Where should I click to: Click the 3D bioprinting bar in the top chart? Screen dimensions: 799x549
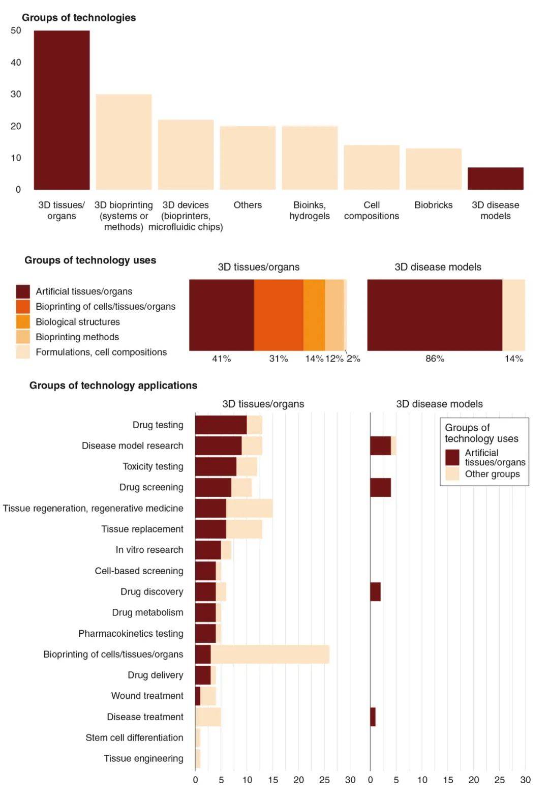(x=124, y=142)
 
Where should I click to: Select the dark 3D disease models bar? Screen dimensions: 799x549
(x=495, y=179)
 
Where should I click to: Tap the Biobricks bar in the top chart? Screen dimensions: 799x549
(x=433, y=169)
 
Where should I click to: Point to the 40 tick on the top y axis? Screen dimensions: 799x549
(x=16, y=63)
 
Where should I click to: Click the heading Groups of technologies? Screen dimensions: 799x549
(x=79, y=18)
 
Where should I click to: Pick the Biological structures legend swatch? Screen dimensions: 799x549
(x=23, y=322)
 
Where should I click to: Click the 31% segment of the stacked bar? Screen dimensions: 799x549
(x=279, y=315)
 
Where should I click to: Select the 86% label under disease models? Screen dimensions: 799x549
(x=435, y=359)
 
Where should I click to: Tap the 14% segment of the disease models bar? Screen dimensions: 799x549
(x=513, y=315)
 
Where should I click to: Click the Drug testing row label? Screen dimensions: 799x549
(x=158, y=425)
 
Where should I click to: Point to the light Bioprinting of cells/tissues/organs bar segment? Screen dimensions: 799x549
(x=270, y=654)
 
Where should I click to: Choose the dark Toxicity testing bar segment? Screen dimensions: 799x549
(x=216, y=466)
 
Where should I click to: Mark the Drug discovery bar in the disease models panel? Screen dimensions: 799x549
(x=375, y=591)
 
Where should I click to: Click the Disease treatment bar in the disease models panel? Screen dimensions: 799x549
(x=373, y=717)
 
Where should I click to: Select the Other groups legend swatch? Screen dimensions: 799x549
(x=452, y=474)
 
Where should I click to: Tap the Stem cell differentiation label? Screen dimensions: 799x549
(x=134, y=737)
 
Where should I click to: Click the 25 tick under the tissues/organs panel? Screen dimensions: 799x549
(x=324, y=780)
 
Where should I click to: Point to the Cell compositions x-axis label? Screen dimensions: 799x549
(x=371, y=211)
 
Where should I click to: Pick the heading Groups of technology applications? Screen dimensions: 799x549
(x=113, y=386)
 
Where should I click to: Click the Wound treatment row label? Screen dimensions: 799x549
(x=147, y=696)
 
